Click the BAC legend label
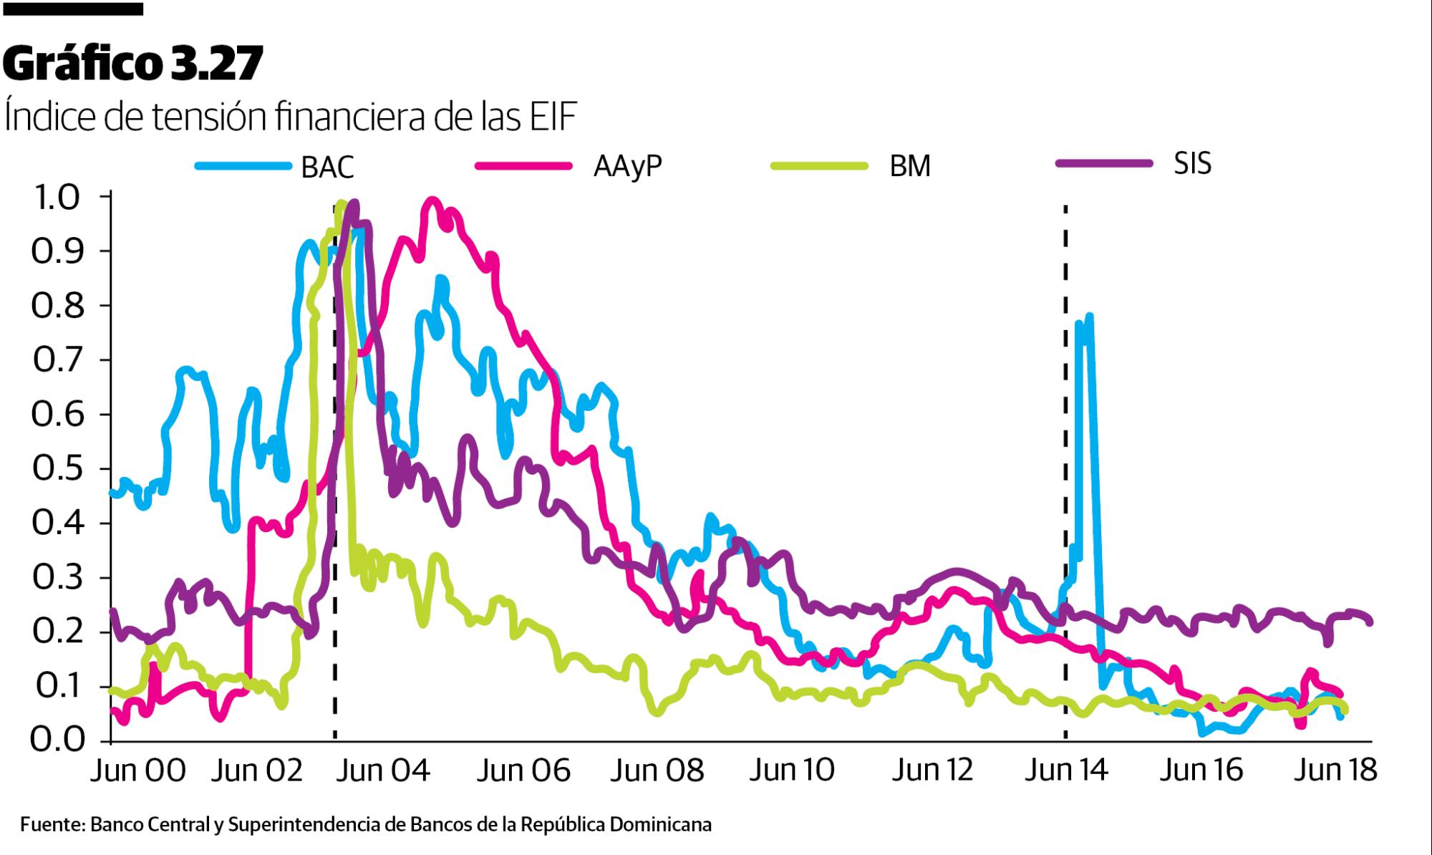pyautogui.click(x=327, y=167)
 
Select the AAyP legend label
pyautogui.click(x=628, y=166)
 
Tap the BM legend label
pyautogui.click(x=910, y=166)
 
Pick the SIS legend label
pyautogui.click(x=1192, y=164)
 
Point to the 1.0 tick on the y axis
pyautogui.click(x=56, y=198)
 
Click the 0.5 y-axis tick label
pyautogui.click(x=56, y=470)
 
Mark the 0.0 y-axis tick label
pyautogui.click(x=56, y=739)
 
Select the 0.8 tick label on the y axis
pyautogui.click(x=56, y=306)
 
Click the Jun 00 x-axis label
pyautogui.click(x=138, y=771)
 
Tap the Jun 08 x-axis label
pyautogui.click(x=657, y=771)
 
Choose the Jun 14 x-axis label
pyautogui.click(x=1066, y=771)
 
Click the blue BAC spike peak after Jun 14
pyautogui.click(x=1089, y=317)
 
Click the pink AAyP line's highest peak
pyautogui.click(x=431, y=201)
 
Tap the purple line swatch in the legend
pyautogui.click(x=1103, y=164)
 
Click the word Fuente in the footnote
pyautogui.click(x=51, y=825)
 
